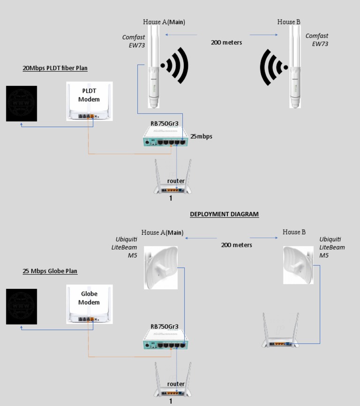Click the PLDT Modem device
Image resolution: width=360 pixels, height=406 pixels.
[89, 101]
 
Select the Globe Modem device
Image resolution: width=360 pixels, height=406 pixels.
[89, 304]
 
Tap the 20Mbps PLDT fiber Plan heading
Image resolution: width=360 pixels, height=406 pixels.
[55, 68]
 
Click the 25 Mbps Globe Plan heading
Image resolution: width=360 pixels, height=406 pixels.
[50, 271]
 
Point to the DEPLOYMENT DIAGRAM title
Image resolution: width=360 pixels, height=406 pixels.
[224, 214]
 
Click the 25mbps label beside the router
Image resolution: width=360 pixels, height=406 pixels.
[201, 136]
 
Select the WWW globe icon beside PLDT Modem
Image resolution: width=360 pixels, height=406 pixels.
[21, 103]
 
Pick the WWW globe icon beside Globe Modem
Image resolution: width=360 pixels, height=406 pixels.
[21, 307]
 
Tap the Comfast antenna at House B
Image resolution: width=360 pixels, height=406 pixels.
[294, 68]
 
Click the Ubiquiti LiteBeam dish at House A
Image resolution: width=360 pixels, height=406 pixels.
[160, 267]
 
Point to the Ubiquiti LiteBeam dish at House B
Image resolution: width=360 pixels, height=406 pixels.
[298, 265]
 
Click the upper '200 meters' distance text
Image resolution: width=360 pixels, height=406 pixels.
[226, 42]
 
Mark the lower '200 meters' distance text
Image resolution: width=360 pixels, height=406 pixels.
[237, 245]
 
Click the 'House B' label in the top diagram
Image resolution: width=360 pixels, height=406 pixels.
[289, 22]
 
